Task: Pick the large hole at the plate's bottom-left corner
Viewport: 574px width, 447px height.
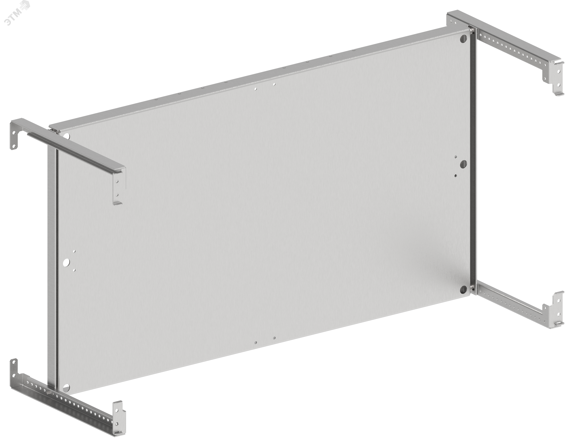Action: tap(66, 387)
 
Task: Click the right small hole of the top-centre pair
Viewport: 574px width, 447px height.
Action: tap(274, 85)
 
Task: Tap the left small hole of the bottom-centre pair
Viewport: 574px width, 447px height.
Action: tap(255, 343)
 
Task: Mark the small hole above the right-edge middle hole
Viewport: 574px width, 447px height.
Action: tap(456, 157)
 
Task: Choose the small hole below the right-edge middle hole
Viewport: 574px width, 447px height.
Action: tap(456, 176)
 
